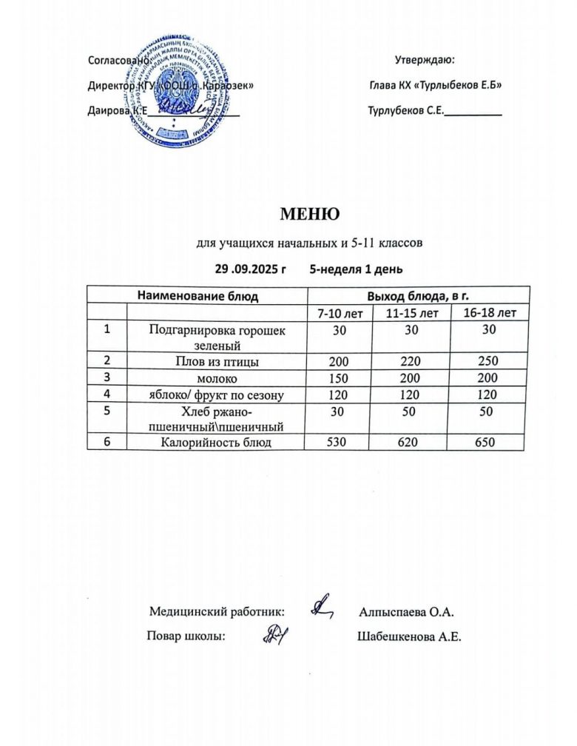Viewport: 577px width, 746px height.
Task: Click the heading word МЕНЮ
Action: point(309,214)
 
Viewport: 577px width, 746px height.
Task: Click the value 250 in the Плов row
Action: point(488,362)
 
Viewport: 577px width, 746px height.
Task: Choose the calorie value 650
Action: point(488,443)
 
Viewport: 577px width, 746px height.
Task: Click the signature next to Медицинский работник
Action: point(322,608)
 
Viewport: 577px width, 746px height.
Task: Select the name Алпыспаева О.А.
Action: point(405,612)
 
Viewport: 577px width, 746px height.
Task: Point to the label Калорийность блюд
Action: point(216,443)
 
